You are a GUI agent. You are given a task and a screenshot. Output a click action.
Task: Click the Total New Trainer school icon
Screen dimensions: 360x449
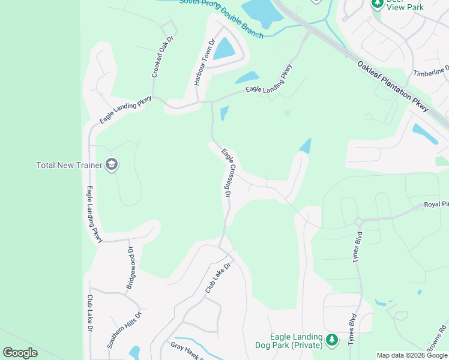pyautogui.click(x=111, y=164)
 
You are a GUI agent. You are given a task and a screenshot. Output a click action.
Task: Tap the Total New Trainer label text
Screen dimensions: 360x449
pyautogui.click(x=70, y=165)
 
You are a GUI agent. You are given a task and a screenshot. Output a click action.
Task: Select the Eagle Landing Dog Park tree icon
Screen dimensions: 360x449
pyautogui.click(x=332, y=341)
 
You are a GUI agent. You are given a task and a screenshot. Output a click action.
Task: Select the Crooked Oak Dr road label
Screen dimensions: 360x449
pyautogui.click(x=162, y=57)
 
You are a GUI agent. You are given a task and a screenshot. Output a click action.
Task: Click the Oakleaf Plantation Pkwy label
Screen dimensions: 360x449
pyautogui.click(x=393, y=86)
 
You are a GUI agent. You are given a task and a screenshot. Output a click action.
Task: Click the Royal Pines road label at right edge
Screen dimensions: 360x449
pyautogui.click(x=436, y=205)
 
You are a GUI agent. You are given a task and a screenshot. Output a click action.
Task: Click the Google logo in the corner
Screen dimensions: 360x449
pyautogui.click(x=20, y=353)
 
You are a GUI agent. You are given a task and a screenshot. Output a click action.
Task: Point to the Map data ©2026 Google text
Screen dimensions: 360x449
pyautogui.click(x=411, y=355)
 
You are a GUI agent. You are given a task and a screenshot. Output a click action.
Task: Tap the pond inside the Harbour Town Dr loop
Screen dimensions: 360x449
pyautogui.click(x=224, y=49)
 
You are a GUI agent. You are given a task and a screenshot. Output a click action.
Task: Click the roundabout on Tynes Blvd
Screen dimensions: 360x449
pyautogui.click(x=358, y=221)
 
